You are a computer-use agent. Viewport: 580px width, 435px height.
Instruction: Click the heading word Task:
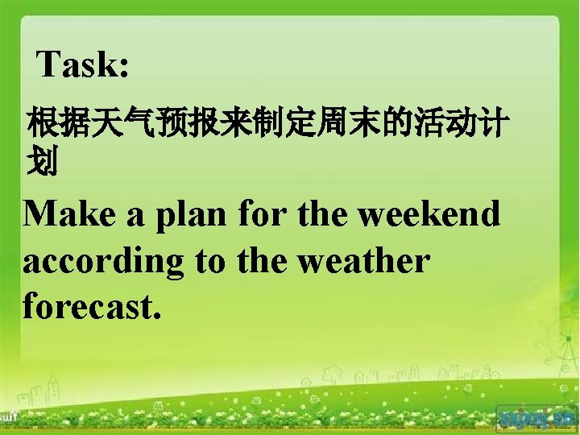point(83,64)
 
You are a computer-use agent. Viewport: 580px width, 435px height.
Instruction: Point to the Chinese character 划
point(42,164)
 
